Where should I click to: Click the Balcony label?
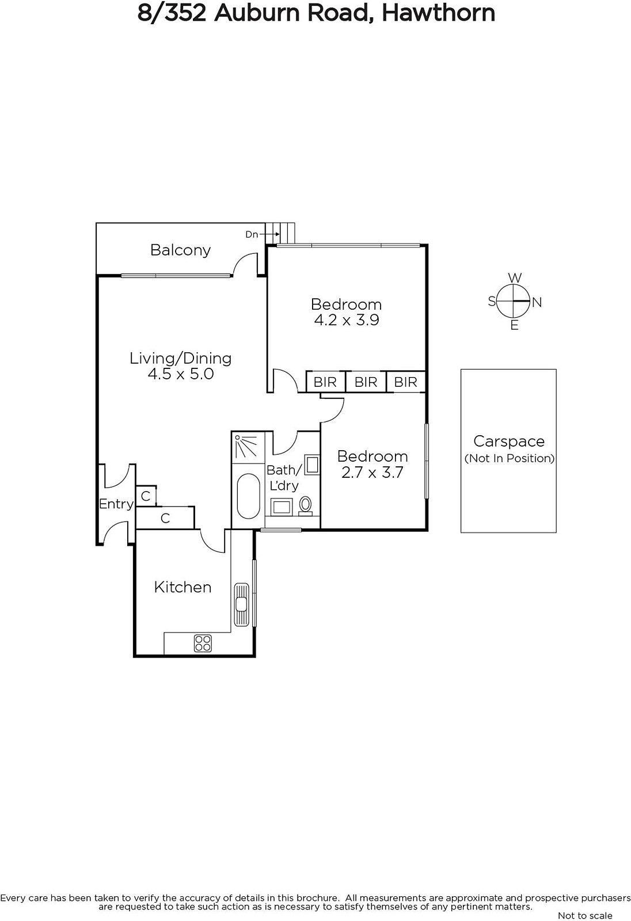click(x=181, y=250)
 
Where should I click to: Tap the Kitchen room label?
click(x=183, y=587)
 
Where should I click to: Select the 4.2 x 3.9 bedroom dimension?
click(x=347, y=320)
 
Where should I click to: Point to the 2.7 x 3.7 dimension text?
click(x=372, y=473)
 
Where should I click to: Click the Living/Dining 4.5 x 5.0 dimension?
click(x=181, y=374)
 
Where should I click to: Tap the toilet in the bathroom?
click(x=305, y=505)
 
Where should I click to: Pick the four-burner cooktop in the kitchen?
click(x=203, y=644)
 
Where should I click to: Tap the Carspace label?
click(x=509, y=441)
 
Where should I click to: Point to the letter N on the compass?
click(x=537, y=303)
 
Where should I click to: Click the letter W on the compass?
click(x=515, y=278)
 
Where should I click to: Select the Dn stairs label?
click(x=252, y=234)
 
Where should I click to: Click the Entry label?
click(x=116, y=504)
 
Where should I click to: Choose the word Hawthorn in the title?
click(x=439, y=13)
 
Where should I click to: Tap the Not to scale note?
click(x=585, y=915)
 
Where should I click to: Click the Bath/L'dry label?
click(x=284, y=478)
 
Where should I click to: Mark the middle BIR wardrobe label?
click(x=366, y=382)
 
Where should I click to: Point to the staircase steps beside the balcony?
click(x=280, y=234)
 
